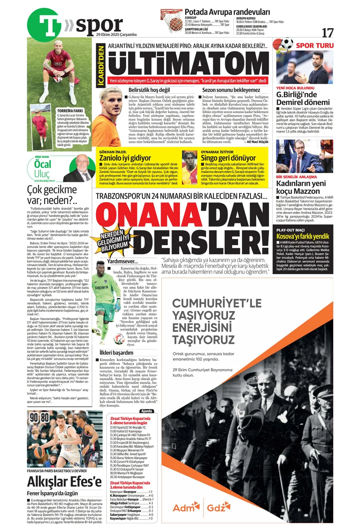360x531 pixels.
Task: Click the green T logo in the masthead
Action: coord(44,24)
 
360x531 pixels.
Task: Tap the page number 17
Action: coord(327,33)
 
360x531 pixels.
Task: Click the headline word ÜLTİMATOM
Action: coord(189,64)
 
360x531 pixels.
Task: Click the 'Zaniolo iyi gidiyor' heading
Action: coord(125,158)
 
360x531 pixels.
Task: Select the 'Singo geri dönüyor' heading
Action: coord(228,158)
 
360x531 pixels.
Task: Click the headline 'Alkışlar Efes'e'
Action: coord(64,482)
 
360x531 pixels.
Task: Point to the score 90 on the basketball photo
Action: coord(34,417)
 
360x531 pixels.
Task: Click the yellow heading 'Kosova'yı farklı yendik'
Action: coord(303,236)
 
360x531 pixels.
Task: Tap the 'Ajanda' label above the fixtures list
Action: coord(147,411)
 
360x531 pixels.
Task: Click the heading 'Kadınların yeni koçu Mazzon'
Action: coord(301,187)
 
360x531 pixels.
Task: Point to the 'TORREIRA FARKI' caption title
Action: coord(70,111)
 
